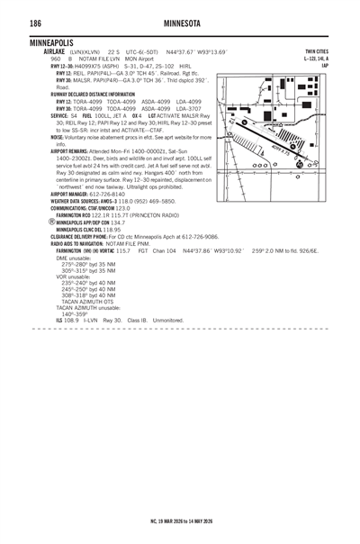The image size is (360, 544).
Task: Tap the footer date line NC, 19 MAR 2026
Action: click(x=180, y=521)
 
